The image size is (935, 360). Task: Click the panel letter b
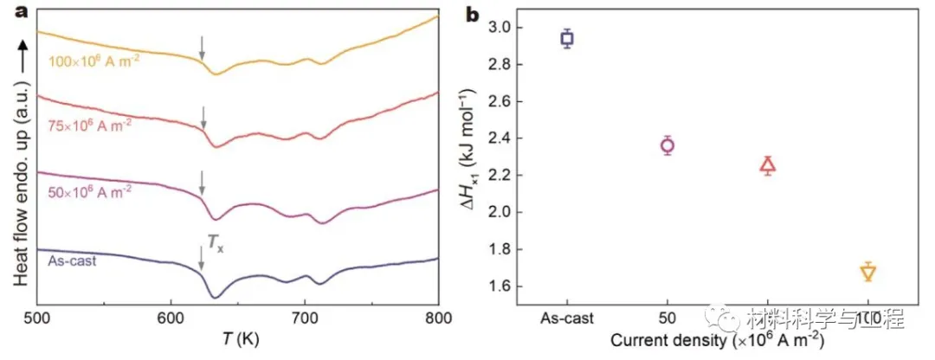474,15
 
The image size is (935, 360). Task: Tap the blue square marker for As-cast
567,38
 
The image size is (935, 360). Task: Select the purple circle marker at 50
667,145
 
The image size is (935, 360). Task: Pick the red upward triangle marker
768,165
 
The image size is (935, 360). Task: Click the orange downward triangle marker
868,273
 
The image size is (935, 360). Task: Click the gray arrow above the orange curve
202,48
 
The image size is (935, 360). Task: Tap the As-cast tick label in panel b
567,318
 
